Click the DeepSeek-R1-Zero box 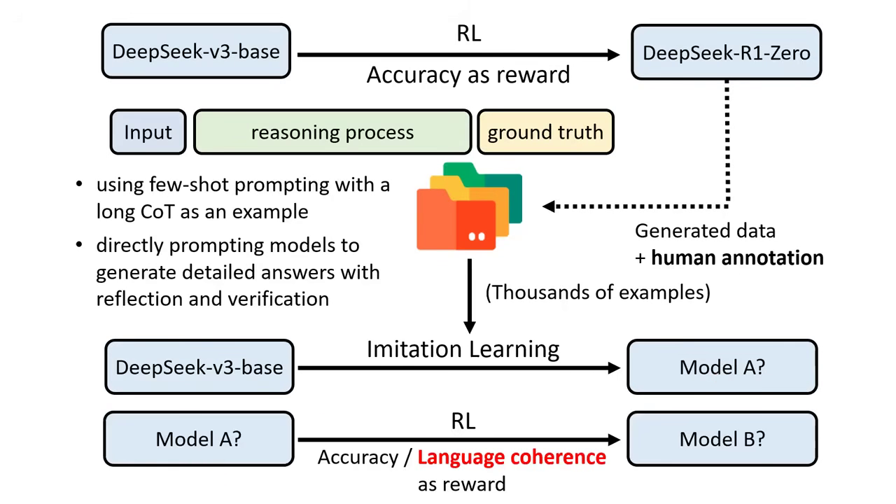click(726, 52)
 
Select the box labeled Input click(148, 132)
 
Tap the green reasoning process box click(332, 132)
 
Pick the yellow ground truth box click(545, 132)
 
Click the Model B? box click(722, 439)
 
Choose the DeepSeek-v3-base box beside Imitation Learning click(199, 367)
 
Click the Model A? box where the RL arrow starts click(199, 439)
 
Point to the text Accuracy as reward click(468, 75)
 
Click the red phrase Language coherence click(512, 457)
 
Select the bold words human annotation click(737, 258)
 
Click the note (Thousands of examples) click(598, 292)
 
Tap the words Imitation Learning click(463, 349)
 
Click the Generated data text click(705, 231)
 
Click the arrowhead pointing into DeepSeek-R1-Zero click(613, 55)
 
